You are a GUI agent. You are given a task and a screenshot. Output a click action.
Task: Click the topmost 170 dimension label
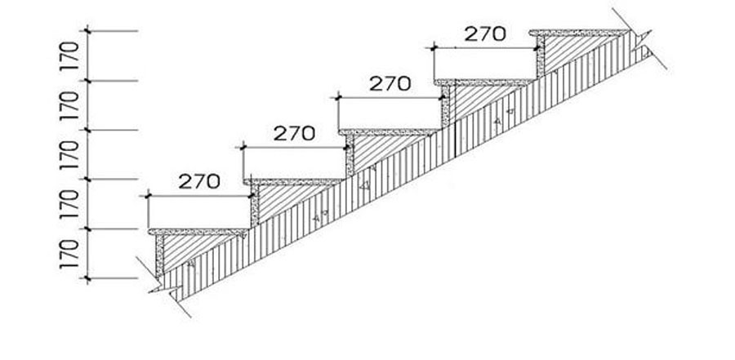pyautogui.click(x=69, y=56)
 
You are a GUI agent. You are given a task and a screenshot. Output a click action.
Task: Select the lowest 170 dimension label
pyautogui.click(x=69, y=254)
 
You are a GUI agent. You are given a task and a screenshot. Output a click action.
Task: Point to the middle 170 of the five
pyautogui.click(x=69, y=154)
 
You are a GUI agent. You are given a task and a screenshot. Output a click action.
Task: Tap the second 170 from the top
pyautogui.click(x=69, y=105)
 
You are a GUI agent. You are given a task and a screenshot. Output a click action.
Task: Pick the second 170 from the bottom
pyautogui.click(x=69, y=204)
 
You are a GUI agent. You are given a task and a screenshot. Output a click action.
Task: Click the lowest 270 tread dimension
pyautogui.click(x=199, y=181)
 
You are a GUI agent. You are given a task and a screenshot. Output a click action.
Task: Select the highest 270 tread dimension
pyautogui.click(x=485, y=33)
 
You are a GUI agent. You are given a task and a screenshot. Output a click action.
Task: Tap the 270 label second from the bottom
pyautogui.click(x=294, y=134)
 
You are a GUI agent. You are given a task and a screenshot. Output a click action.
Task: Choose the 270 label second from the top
pyautogui.click(x=390, y=84)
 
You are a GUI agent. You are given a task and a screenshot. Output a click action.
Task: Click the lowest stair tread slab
pyautogui.click(x=198, y=232)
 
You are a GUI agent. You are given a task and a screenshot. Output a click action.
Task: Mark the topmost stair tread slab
pyautogui.click(x=579, y=33)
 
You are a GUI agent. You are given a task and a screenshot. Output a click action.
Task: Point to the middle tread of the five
pyautogui.click(x=389, y=132)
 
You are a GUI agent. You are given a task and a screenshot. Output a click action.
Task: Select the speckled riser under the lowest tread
pyautogui.click(x=159, y=255)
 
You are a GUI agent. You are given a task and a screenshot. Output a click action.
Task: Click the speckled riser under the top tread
pyautogui.click(x=541, y=56)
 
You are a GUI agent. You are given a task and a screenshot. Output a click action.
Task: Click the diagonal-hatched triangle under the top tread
pyautogui.click(x=569, y=51)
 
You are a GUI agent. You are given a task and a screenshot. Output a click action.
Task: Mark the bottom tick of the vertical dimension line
pyautogui.click(x=87, y=278)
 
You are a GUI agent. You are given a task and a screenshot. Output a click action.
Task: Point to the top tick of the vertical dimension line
pyautogui.click(x=87, y=31)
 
